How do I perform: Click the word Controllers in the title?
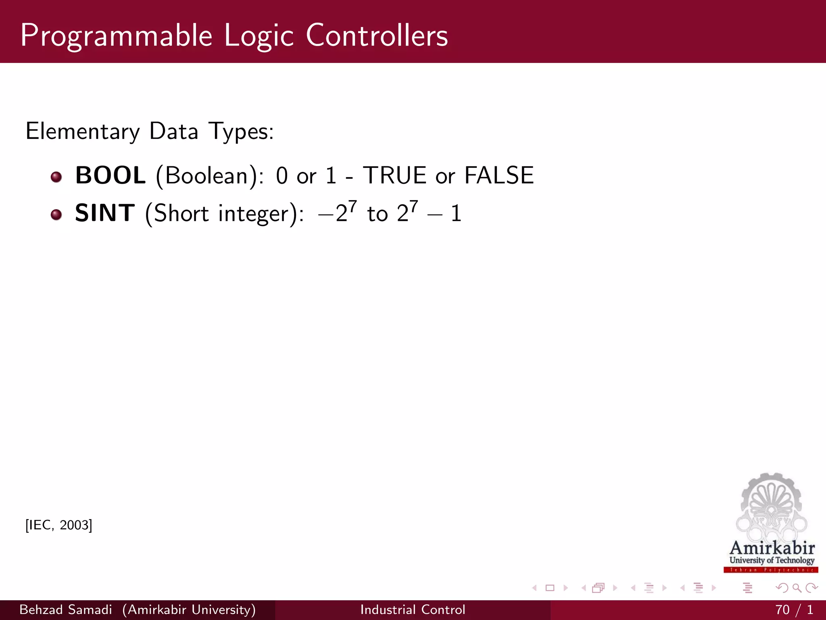377,36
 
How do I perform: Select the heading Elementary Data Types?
150,131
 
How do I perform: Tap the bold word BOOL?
111,176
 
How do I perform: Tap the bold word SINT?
104,213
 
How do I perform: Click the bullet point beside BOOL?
56,177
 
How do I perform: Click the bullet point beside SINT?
56,214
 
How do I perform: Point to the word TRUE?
394,176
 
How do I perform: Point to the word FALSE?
499,176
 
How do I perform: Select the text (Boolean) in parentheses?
206,176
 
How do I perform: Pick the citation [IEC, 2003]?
59,525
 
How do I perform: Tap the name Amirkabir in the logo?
772,548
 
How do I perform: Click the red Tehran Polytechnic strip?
771,570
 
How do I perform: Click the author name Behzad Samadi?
65,610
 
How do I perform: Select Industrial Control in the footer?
413,610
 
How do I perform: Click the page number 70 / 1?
794,610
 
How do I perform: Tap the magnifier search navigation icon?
797,588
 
